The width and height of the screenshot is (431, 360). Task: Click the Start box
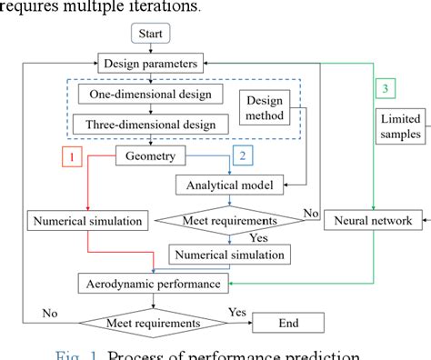point(151,35)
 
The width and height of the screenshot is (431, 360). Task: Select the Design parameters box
point(150,65)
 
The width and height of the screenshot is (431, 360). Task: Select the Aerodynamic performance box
point(152,284)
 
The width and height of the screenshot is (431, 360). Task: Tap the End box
point(286,322)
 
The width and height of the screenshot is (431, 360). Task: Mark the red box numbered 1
point(73,157)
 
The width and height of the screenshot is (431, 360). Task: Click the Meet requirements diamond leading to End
point(153,322)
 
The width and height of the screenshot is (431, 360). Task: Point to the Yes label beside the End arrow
point(236,311)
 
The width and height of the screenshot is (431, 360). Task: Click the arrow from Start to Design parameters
point(151,49)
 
